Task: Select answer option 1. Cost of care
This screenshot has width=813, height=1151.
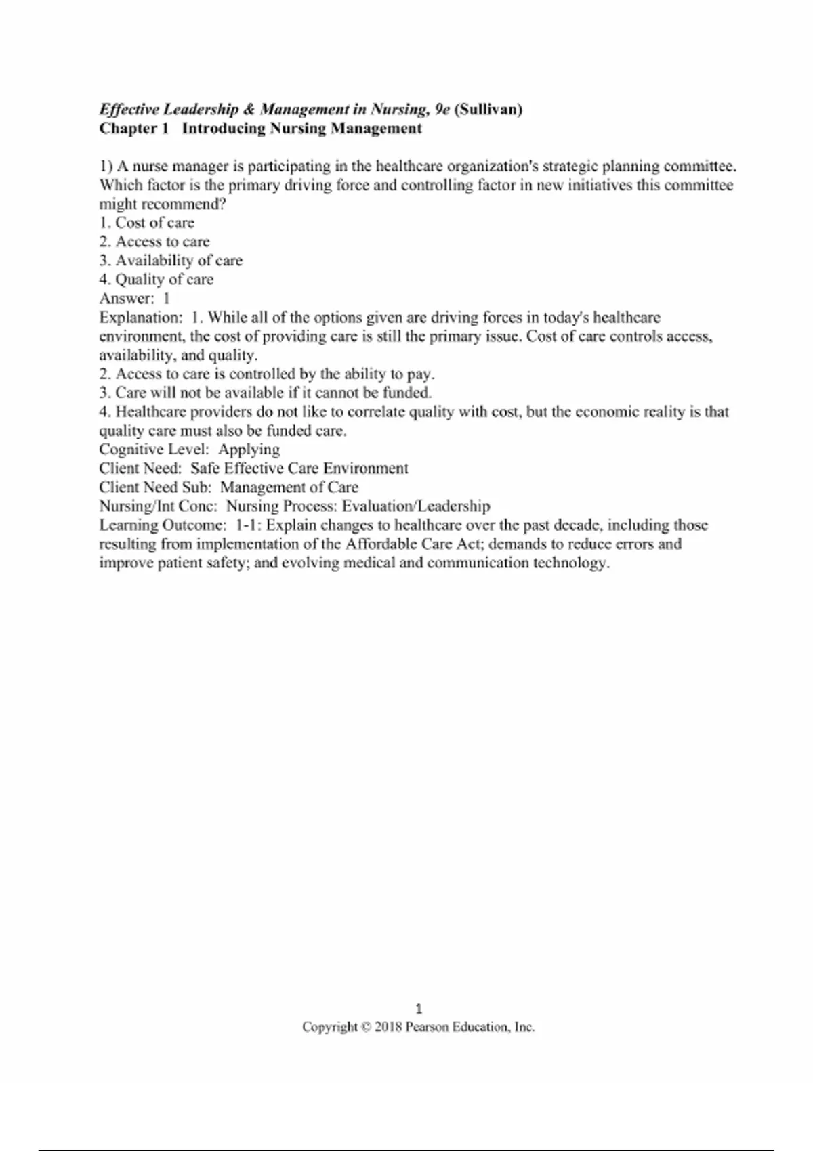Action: coord(146,223)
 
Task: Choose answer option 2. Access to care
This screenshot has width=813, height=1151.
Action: coord(154,242)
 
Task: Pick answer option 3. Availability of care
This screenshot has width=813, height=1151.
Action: coord(171,261)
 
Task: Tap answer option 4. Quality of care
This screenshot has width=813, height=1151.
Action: coord(157,280)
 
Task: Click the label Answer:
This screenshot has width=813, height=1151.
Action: coord(127,299)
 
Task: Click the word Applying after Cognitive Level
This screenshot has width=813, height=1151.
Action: coord(249,450)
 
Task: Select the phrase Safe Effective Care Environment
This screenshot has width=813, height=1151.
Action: coord(299,469)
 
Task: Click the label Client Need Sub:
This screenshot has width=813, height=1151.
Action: coord(155,487)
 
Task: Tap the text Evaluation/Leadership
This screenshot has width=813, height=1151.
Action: coord(416,506)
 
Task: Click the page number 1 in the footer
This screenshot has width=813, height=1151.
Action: coord(419,1009)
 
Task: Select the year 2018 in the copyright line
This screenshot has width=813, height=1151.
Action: coord(388,1027)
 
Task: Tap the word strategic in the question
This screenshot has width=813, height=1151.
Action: coord(569,167)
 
